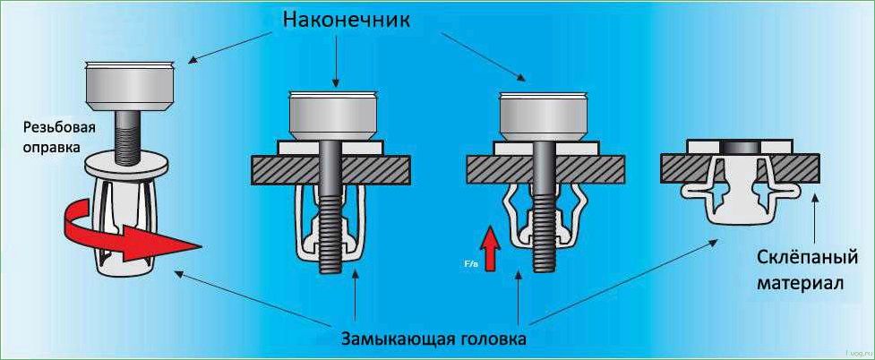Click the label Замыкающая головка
(x=433, y=339)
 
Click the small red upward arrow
(x=488, y=244)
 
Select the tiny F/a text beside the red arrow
(x=470, y=266)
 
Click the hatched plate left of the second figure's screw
(x=278, y=167)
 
